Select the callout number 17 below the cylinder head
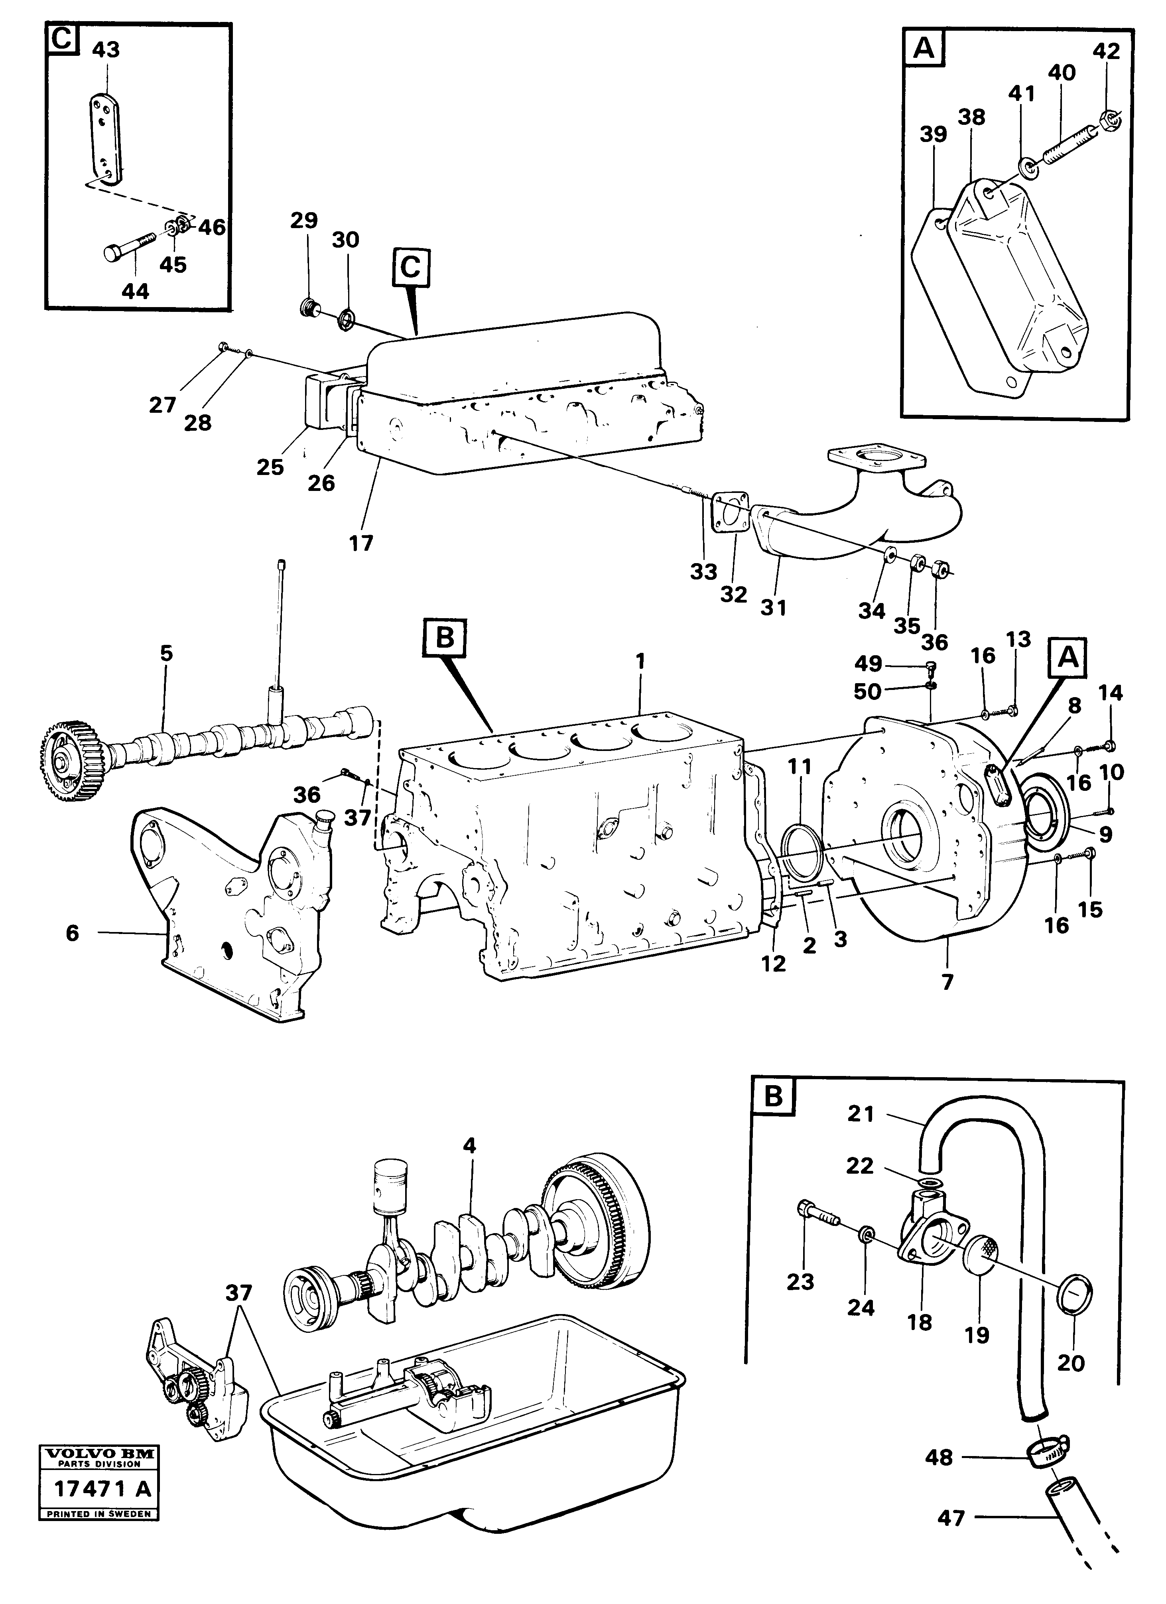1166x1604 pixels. coord(361,543)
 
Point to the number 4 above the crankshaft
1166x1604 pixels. coord(469,1146)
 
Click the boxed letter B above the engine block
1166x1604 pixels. coord(444,638)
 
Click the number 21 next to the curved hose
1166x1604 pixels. coord(861,1114)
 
